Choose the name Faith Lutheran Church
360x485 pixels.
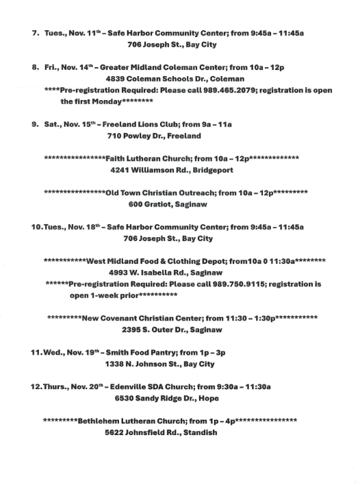144,158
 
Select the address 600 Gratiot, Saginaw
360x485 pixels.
168,204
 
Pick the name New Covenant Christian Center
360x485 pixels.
136,318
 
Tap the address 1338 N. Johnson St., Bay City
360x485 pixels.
159,364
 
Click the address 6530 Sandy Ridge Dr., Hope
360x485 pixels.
167,398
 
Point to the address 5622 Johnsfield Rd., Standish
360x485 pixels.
161,432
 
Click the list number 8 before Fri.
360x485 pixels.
34,67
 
